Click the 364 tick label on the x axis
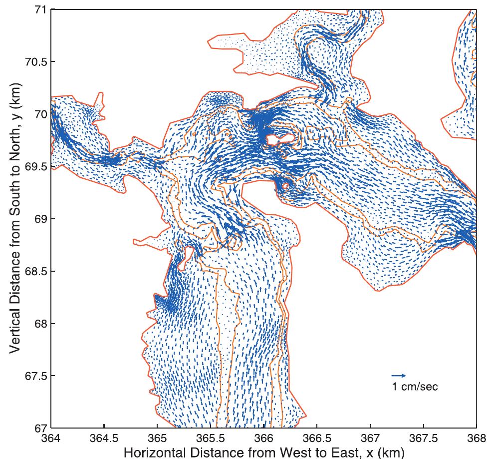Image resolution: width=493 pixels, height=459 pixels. [51, 438]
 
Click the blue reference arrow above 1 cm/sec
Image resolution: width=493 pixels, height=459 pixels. [399, 376]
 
